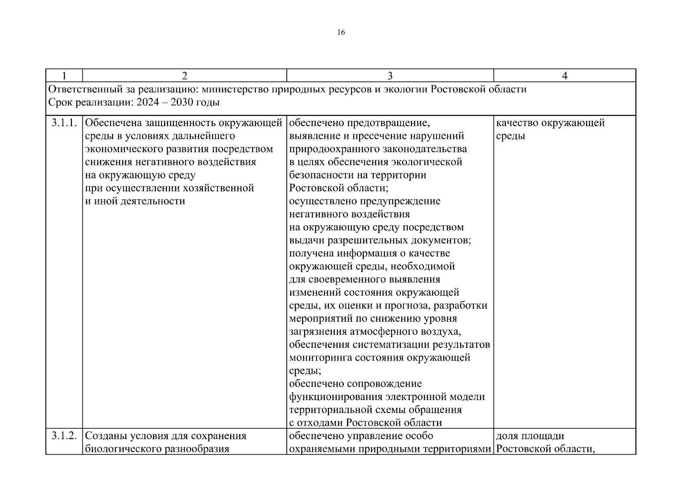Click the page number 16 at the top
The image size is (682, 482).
(x=341, y=33)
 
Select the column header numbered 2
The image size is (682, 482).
(x=184, y=76)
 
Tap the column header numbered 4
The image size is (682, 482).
(x=564, y=76)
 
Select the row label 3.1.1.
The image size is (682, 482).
(x=64, y=123)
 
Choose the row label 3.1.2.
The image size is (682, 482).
(x=64, y=436)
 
